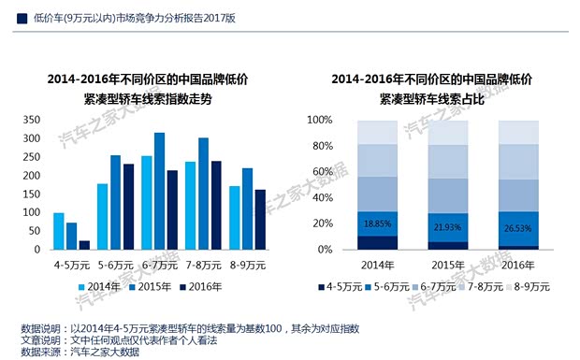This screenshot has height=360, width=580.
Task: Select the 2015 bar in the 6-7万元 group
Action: point(159,192)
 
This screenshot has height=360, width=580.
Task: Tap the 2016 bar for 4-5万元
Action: point(84,245)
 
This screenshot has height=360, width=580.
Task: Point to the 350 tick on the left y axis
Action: point(29,121)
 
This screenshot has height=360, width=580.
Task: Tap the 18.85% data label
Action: point(377,223)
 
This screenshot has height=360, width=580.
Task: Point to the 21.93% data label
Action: point(448,227)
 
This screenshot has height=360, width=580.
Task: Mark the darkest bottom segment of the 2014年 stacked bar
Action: point(377,243)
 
